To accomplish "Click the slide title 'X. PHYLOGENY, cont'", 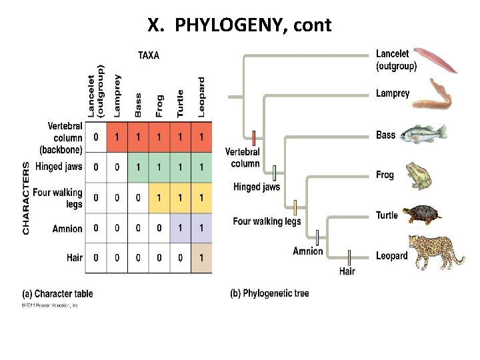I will [239, 26].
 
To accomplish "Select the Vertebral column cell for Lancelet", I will [96, 137].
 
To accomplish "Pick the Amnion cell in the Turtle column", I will [180, 229].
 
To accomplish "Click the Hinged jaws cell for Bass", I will [138, 167].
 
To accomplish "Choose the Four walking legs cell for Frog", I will [159, 198].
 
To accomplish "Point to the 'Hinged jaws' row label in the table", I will [59, 167].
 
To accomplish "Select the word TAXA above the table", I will [148, 55].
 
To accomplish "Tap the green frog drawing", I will [419, 175].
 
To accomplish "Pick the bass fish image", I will [423, 133].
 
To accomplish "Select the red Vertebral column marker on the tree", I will [254, 139].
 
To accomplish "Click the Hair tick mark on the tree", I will [349, 258].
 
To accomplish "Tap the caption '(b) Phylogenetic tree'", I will [269, 293].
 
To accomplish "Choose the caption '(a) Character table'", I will [58, 293].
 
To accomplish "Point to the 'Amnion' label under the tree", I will [307, 251].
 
